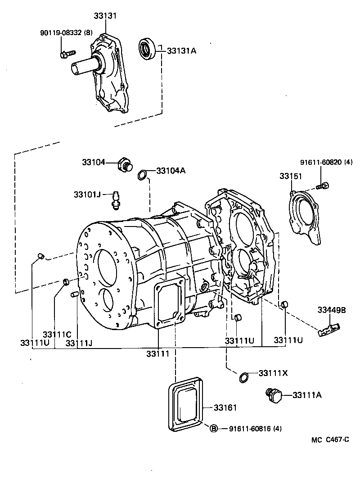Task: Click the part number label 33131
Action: point(105,16)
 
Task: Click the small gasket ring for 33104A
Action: point(142,174)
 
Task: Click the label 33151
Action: point(291,176)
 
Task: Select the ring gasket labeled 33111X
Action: point(243,377)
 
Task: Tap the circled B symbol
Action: point(214,428)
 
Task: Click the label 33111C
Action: point(57,335)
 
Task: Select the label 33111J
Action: point(79,343)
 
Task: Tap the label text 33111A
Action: point(307,395)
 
